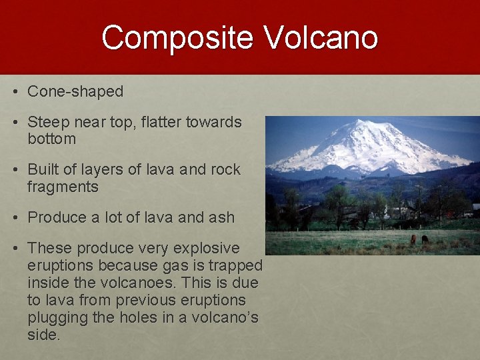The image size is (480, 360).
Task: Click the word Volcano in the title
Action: coord(321,38)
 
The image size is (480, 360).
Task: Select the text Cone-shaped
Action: coord(75,92)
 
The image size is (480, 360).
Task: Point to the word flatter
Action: coord(161,123)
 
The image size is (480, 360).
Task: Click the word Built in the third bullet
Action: coord(42,170)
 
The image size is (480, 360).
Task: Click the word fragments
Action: coord(63,187)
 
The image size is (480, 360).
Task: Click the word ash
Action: coord(221,217)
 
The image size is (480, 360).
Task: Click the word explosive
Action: coord(206,249)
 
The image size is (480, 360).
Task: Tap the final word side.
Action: coord(43,335)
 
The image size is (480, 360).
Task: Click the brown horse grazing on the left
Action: coord(413,239)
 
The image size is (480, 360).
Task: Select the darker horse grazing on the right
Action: coord(425,239)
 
